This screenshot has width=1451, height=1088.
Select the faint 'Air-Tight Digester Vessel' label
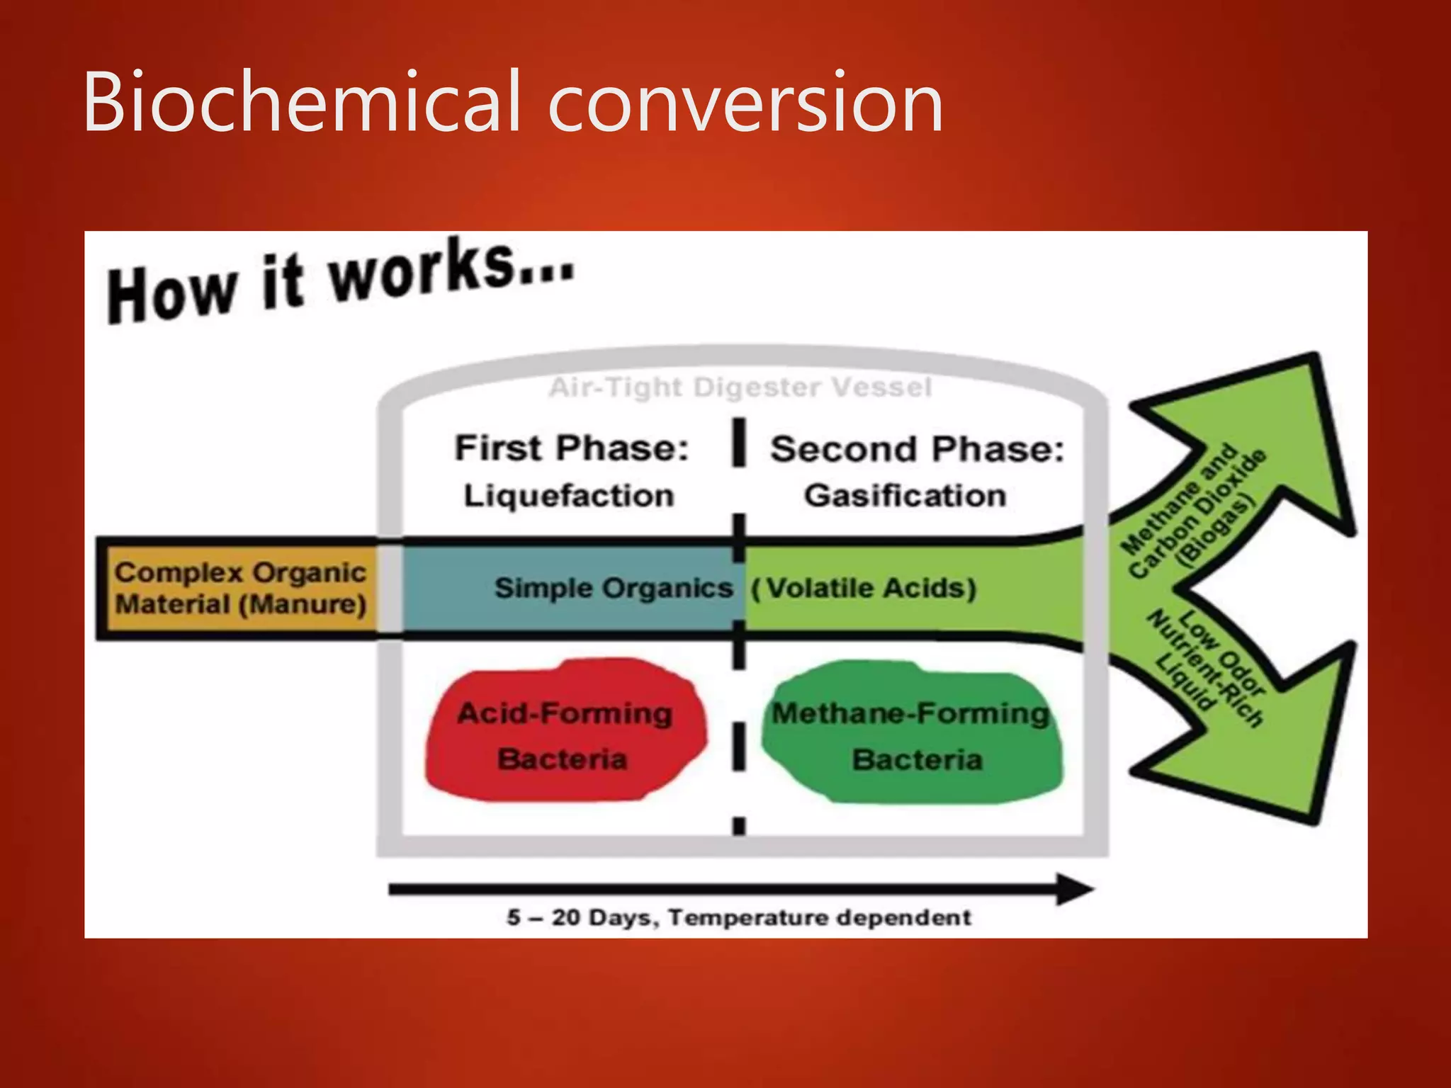tap(740, 387)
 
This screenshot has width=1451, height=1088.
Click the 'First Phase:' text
tap(571, 448)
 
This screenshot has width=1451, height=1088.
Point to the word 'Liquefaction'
tap(568, 495)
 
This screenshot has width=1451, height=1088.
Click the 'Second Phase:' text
tap(917, 449)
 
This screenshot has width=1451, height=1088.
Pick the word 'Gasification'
tap(905, 495)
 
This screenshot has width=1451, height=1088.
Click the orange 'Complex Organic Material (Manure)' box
tap(239, 589)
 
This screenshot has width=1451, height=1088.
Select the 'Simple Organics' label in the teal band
tap(613, 588)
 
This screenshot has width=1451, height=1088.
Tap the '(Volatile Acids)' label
tap(864, 588)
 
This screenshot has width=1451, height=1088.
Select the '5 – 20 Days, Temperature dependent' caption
tap(738, 917)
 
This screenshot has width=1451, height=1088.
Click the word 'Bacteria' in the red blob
tap(562, 759)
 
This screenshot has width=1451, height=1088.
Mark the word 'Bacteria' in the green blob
tap(917, 760)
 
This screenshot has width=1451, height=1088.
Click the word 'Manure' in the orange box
tap(303, 605)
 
